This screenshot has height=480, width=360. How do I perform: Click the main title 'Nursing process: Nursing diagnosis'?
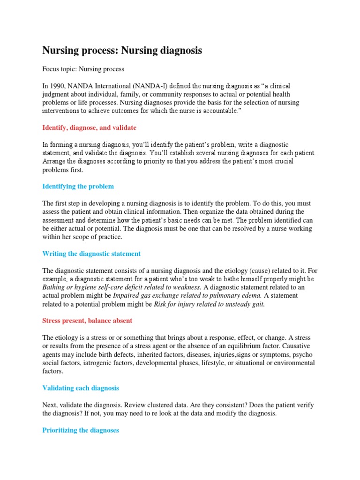coord(122,51)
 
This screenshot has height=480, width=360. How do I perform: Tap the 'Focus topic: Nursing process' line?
coord(83,69)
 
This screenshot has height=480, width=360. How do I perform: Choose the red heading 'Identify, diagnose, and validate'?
coord(89,127)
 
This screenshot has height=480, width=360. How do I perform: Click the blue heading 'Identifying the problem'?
coord(78,187)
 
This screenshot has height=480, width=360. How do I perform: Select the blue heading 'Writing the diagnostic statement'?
coord(91,254)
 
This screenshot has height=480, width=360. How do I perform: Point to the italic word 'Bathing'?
coord(54,288)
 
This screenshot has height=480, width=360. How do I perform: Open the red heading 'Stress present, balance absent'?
coord(87,321)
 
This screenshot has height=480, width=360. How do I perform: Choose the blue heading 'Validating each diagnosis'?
coord(81,388)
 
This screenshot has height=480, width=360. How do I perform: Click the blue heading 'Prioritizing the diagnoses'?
coord(81,430)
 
